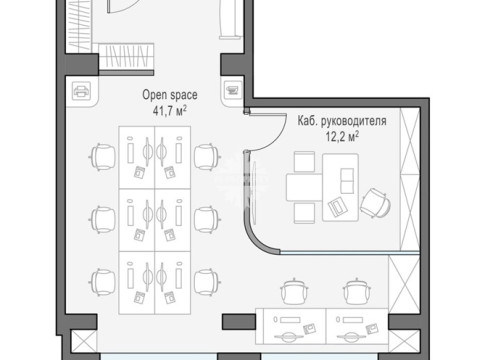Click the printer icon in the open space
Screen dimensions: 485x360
[81, 91]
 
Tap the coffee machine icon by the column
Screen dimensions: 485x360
[233, 90]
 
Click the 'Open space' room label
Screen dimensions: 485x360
[170, 95]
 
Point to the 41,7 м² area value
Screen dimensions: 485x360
[170, 111]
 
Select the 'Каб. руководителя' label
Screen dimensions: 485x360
[342, 121]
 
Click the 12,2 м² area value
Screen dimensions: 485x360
[342, 136]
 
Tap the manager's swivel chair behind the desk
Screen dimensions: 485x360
[375, 203]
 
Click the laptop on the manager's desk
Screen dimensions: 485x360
[338, 206]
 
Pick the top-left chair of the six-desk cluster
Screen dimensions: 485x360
[103, 157]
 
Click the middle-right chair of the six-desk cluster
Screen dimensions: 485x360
[207, 220]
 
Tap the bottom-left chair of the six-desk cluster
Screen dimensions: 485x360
[103, 282]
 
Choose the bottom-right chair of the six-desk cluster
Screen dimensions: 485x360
[207, 282]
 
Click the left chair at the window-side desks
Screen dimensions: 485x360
[294, 291]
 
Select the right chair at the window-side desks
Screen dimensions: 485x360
[357, 291]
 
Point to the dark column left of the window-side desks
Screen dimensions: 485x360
[239, 322]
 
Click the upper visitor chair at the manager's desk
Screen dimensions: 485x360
[304, 162]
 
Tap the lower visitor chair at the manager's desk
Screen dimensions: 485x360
[304, 213]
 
